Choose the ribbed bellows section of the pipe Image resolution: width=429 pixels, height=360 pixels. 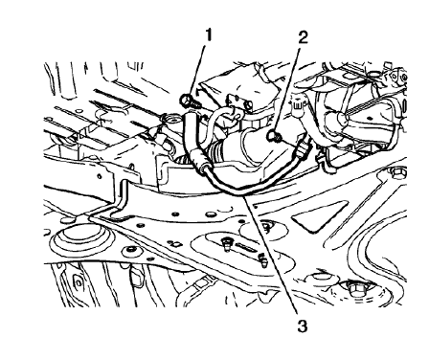[x=231, y=154]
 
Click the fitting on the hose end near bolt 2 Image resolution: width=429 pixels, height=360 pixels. [x=302, y=146]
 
